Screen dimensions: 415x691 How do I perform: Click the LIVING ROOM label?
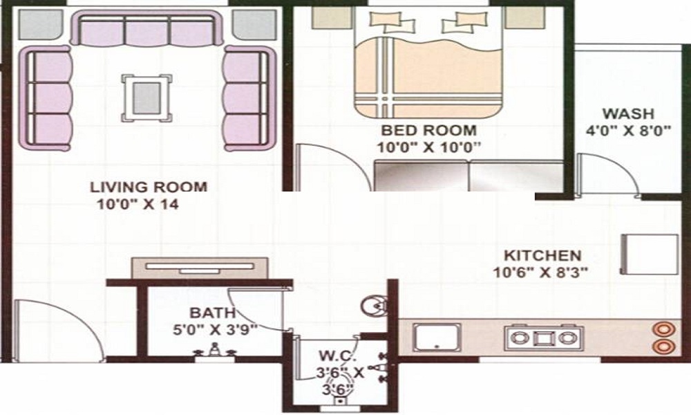149,186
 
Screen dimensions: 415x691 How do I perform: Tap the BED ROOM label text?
428,130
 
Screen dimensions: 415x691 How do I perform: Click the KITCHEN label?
542,255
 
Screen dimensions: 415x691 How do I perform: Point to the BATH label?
214,313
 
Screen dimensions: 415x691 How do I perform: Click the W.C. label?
337,357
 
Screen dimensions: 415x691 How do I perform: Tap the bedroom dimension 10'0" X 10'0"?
428,147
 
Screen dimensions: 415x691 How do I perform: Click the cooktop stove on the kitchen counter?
542,338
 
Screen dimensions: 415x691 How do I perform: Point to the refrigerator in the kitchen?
650,255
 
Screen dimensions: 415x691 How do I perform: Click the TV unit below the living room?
200,267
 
